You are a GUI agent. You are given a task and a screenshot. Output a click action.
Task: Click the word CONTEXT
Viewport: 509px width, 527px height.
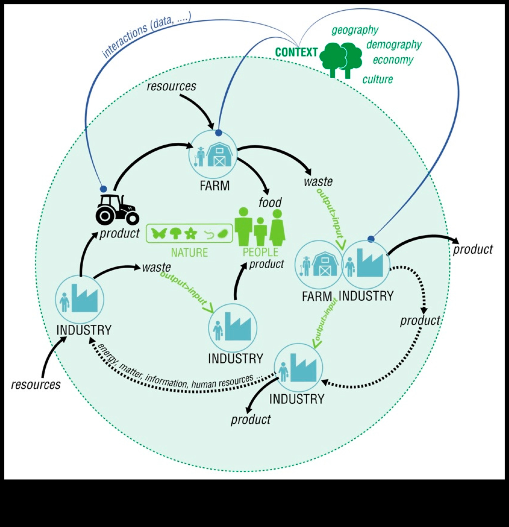coord(296,52)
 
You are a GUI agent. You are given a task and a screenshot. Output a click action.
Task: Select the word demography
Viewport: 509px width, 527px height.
coord(394,45)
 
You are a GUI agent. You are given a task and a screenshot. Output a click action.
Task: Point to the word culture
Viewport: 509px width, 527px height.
coord(377,79)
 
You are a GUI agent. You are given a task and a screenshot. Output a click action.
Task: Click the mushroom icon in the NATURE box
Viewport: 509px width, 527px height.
coord(176,233)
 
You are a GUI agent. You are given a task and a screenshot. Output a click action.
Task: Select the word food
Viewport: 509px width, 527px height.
coord(270,202)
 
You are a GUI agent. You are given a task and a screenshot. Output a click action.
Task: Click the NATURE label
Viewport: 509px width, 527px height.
coord(189,253)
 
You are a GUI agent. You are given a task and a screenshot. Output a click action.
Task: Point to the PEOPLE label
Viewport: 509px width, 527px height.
coord(260,252)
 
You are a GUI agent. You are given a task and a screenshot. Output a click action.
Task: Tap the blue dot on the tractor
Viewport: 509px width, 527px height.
coord(104,189)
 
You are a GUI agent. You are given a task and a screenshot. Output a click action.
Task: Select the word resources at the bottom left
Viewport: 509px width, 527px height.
coord(36,384)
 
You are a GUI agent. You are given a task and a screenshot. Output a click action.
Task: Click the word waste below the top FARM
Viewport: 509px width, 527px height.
coord(318,182)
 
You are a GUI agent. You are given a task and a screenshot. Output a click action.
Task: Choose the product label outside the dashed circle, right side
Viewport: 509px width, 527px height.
coord(473,249)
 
